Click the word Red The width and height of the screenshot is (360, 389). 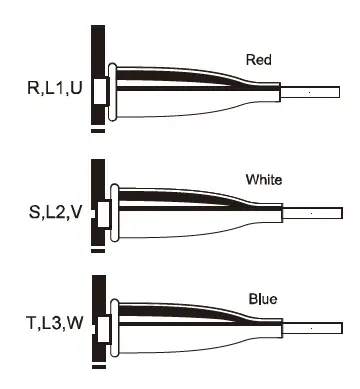click(x=258, y=60)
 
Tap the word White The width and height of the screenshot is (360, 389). click(x=264, y=181)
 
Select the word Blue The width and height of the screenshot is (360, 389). click(x=262, y=299)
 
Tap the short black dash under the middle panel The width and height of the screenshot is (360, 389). click(x=97, y=251)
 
